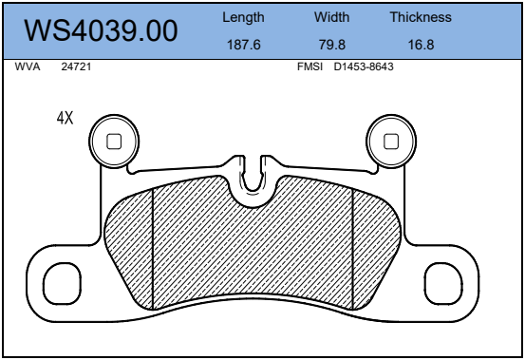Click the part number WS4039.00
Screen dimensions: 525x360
coord(101,30)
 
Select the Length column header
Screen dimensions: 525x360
coord(243,18)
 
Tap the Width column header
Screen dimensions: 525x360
coord(332,17)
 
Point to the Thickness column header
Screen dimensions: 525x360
coord(421,17)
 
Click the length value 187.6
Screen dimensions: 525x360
coord(244,45)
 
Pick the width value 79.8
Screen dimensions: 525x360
coord(332,45)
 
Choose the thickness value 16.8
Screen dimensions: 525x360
coord(421,45)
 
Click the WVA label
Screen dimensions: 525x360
coord(28,66)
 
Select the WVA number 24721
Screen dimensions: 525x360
coord(76,66)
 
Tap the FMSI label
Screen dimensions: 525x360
coord(310,66)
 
